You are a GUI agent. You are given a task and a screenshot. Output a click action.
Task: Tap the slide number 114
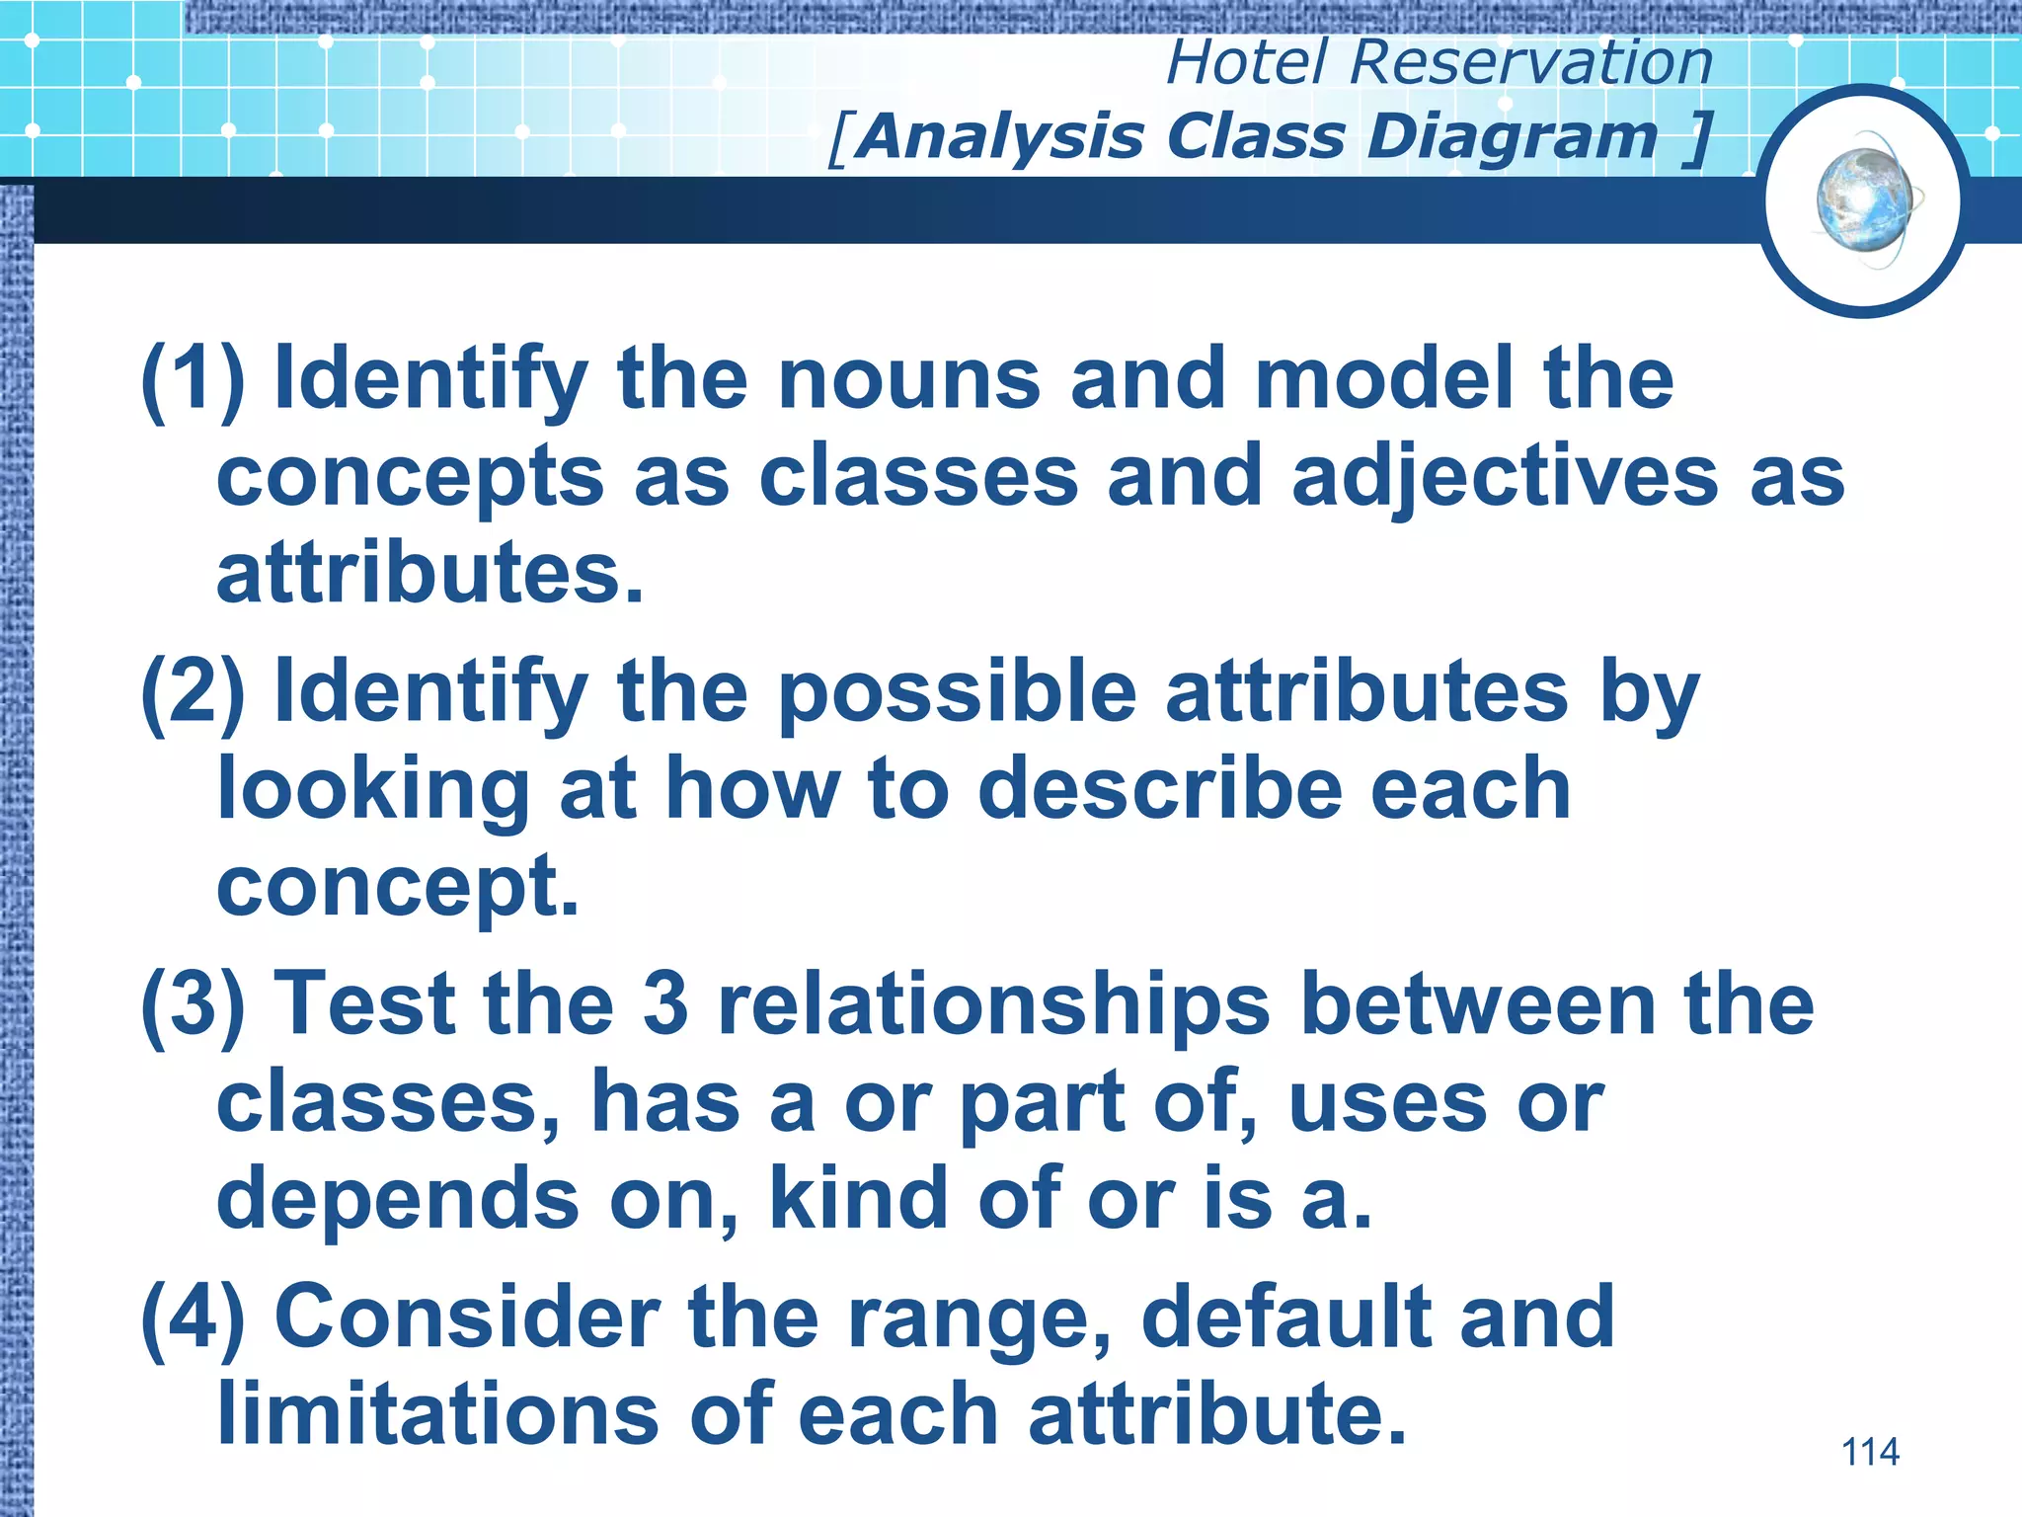coord(1870,1452)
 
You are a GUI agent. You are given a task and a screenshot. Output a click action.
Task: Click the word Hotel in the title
coord(1247,62)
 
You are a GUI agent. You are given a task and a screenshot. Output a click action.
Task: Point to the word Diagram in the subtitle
coord(1512,136)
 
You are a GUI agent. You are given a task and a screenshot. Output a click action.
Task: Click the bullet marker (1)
coord(193,380)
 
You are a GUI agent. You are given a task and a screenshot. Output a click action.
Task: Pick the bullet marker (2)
coord(193,692)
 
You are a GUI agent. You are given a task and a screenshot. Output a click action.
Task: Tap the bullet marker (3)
coord(193,1005)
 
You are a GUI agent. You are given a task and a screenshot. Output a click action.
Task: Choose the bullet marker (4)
coord(193,1317)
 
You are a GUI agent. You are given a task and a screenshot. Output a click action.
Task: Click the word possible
coord(957,692)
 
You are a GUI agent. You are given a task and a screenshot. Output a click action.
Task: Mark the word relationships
coord(993,1005)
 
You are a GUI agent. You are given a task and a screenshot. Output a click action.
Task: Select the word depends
coord(398,1199)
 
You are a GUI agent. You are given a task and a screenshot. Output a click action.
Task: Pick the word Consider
coord(467,1317)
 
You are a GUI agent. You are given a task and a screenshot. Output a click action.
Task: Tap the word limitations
coord(437,1414)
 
